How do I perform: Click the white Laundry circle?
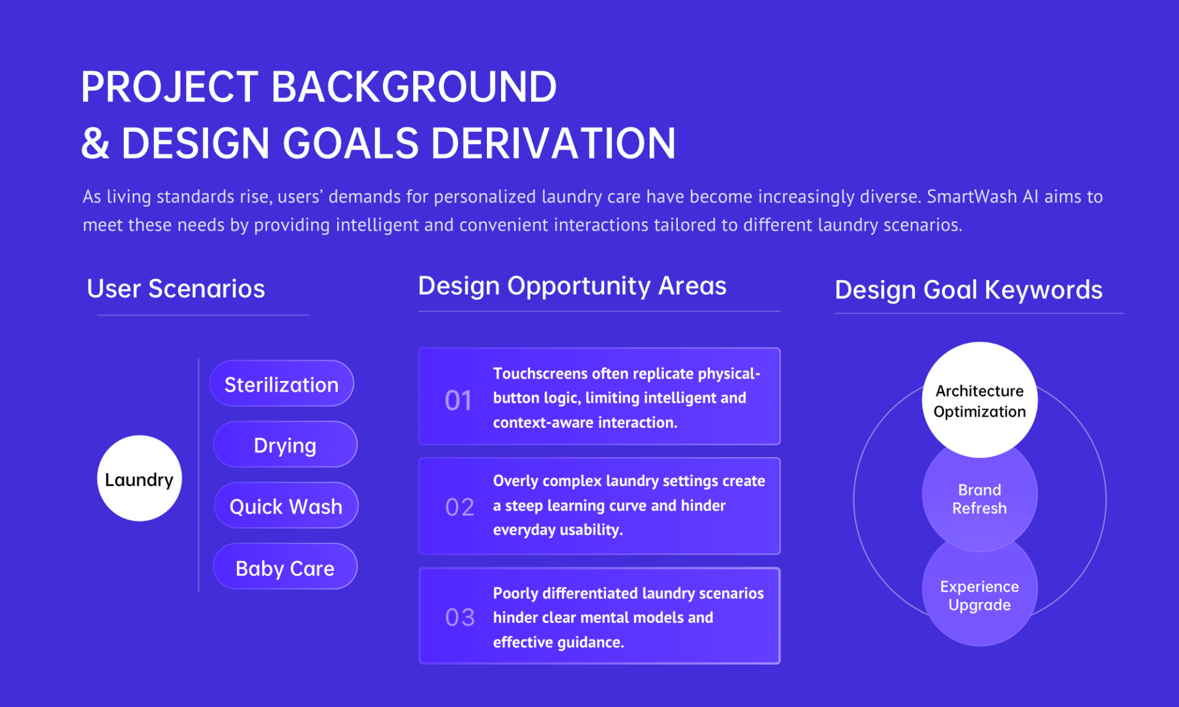click(139, 478)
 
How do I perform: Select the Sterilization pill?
click(282, 384)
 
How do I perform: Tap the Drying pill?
click(285, 444)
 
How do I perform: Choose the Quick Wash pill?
click(286, 506)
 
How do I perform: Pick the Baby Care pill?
click(285, 566)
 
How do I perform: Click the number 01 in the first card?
click(458, 401)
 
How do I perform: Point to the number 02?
click(459, 507)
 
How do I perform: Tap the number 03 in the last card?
click(460, 617)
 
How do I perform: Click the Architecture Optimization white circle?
click(979, 400)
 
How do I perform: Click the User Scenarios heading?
click(176, 288)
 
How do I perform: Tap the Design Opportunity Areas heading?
click(572, 286)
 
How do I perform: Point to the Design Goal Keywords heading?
click(968, 290)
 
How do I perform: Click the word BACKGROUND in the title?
click(413, 87)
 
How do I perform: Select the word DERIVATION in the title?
click(553, 143)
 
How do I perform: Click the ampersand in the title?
click(95, 144)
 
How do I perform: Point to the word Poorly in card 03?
click(515, 593)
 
